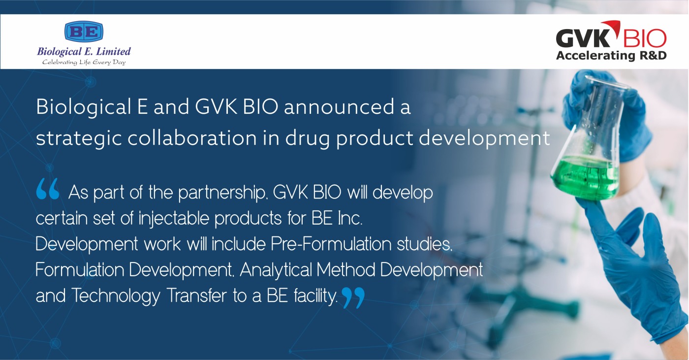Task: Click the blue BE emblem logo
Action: pyautogui.click(x=84, y=31)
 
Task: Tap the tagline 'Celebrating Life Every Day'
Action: pyautogui.click(x=84, y=62)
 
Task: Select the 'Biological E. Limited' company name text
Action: pyautogui.click(x=84, y=51)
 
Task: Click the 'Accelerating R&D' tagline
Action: pyautogui.click(x=611, y=55)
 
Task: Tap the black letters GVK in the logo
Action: pyautogui.click(x=583, y=38)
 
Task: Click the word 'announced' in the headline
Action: pyautogui.click(x=339, y=107)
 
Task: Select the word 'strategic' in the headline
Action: pyautogui.click(x=79, y=139)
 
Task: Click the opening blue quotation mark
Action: pyautogui.click(x=48, y=189)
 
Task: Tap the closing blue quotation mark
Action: pyautogui.click(x=353, y=297)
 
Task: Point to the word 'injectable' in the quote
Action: pyautogui.click(x=174, y=219)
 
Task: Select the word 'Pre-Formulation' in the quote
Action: pyautogui.click(x=331, y=244)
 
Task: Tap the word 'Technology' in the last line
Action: pyautogui.click(x=116, y=296)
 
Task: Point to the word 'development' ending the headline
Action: pyautogui.click(x=484, y=139)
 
